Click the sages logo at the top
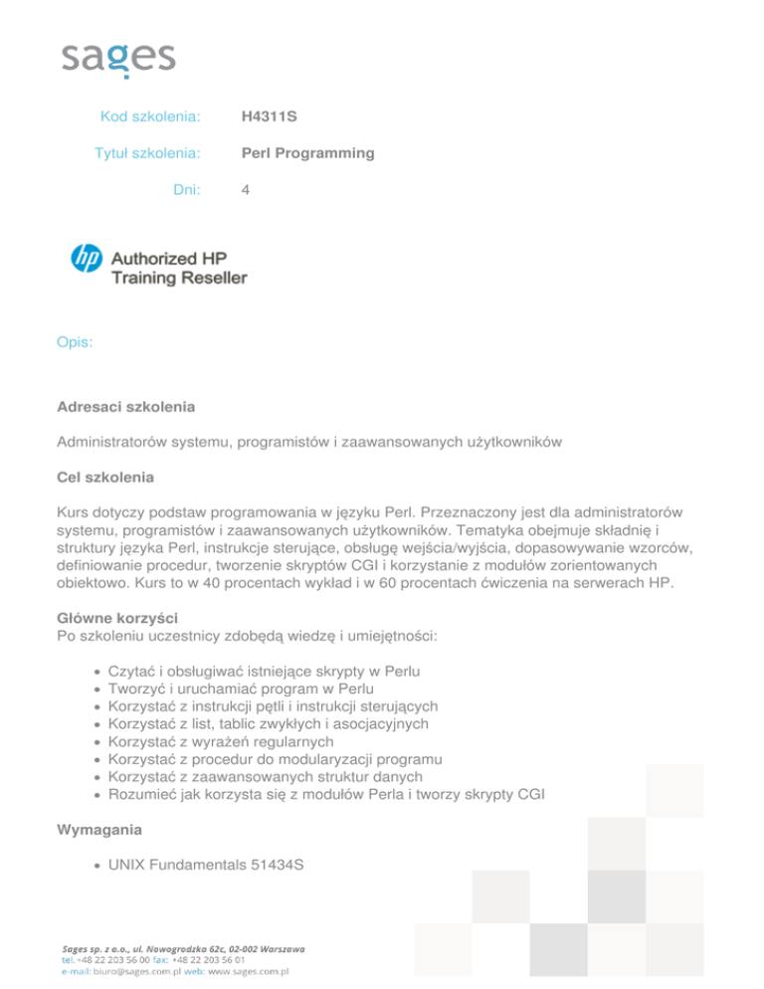[117, 58]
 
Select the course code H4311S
[269, 117]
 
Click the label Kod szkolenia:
[151, 117]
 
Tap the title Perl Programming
[308, 153]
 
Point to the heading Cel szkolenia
[106, 478]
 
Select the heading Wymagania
[99, 828]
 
